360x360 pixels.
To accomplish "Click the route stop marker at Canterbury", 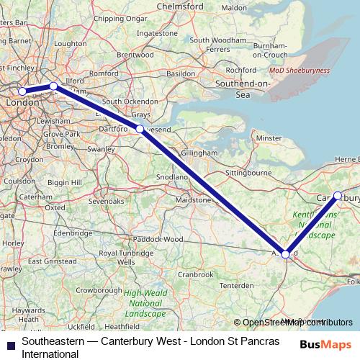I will [338, 195].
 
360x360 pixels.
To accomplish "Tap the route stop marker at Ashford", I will [286, 254].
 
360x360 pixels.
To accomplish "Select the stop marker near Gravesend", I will [140, 130].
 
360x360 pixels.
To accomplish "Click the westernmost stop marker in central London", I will [22, 91].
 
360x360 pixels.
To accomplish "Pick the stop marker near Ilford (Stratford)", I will [53, 86].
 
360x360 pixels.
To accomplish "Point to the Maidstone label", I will [194, 199].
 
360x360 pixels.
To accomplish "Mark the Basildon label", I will [181, 73].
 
